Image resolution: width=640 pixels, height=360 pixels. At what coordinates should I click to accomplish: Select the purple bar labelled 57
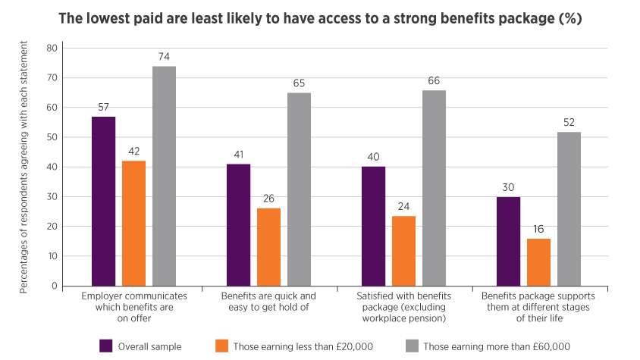click(104, 201)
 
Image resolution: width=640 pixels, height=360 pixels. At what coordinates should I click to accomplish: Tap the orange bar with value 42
click(133, 223)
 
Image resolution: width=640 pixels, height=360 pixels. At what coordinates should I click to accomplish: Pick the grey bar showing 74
click(164, 176)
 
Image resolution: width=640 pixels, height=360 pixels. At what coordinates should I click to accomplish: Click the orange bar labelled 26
click(268, 247)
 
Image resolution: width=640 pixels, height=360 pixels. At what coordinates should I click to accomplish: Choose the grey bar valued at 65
click(299, 189)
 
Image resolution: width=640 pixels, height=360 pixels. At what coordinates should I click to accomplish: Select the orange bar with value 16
click(538, 262)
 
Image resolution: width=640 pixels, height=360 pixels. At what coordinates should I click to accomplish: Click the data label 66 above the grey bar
click(434, 81)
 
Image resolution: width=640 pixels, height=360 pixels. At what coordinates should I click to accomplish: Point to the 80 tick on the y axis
click(52, 48)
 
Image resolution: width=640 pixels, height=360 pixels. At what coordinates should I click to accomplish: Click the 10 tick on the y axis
click(52, 256)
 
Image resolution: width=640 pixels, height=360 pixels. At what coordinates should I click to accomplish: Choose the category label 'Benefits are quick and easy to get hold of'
click(268, 301)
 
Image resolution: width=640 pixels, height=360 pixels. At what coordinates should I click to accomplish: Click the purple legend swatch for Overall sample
click(107, 346)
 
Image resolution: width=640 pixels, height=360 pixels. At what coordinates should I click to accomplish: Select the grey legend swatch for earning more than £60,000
click(412, 346)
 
